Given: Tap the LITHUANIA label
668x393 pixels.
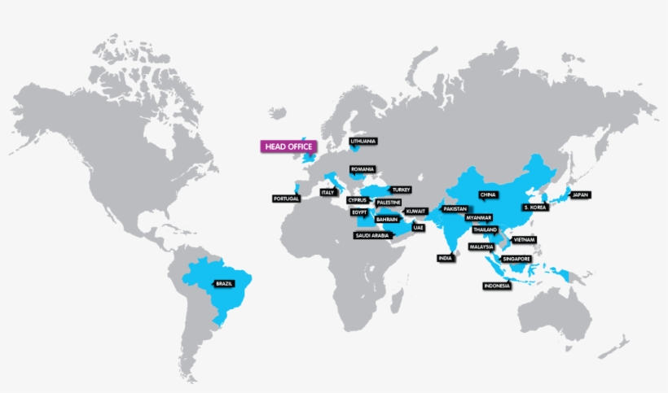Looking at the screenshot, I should point(363,142).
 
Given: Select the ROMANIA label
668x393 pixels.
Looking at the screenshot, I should point(362,169).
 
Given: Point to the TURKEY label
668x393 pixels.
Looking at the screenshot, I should point(401,190).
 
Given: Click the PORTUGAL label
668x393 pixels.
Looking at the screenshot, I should point(286,199).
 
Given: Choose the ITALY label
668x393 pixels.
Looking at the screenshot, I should point(327,193).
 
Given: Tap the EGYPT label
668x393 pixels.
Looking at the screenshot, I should point(359,212).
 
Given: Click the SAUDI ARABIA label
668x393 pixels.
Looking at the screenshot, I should point(371,235).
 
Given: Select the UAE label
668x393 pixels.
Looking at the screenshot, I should point(418,227).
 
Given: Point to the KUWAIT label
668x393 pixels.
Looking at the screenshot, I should point(415,211).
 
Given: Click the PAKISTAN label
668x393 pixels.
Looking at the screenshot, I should point(455,209).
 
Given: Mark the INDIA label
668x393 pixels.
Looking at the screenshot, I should point(444,258).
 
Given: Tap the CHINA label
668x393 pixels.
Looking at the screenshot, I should point(488,195).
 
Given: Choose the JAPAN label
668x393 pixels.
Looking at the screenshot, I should point(579,195).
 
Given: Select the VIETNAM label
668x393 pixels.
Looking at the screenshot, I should point(525,240).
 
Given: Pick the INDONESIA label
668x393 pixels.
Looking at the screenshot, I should point(497,286).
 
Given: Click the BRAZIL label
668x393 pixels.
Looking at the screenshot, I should point(224,283).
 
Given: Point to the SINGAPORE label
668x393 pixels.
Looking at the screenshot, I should point(517,259).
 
